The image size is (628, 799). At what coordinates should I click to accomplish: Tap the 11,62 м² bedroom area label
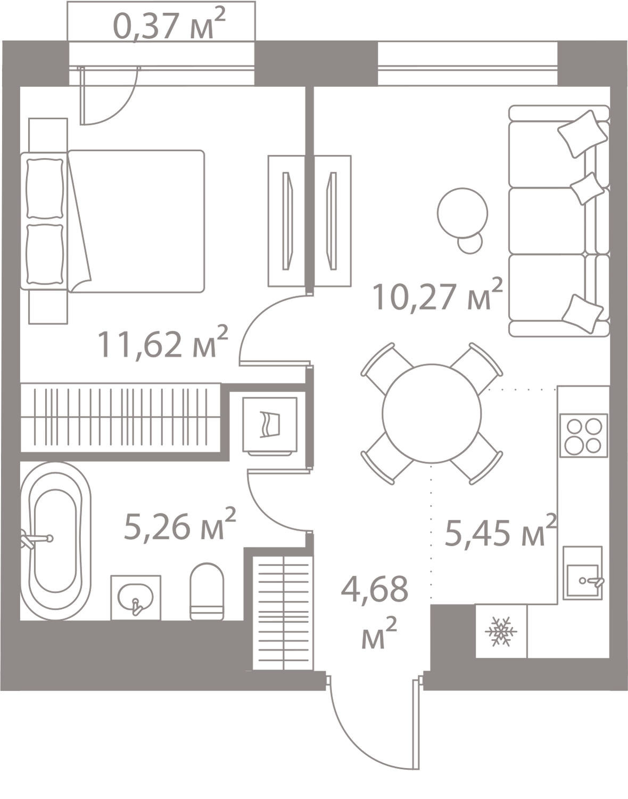162,344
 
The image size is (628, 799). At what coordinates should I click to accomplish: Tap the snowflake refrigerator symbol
500,632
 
